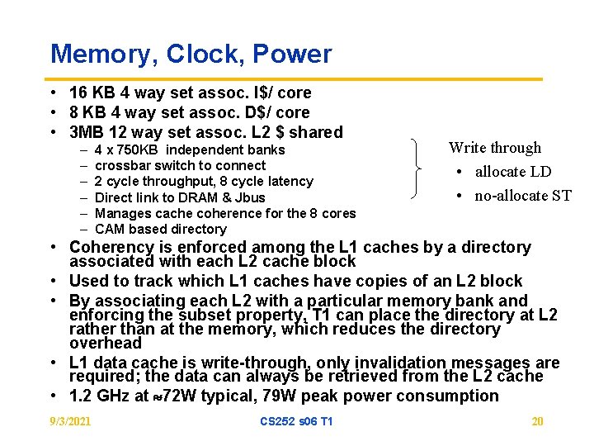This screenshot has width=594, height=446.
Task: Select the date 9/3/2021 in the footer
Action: pos(70,422)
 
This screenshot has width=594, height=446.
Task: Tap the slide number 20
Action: pos(537,422)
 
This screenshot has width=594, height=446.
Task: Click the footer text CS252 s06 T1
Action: pos(296,422)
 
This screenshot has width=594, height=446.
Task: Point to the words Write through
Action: pos(495,148)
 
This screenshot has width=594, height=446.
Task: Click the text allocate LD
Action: pos(513,172)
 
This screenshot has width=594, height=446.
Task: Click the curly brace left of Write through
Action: pos(417,169)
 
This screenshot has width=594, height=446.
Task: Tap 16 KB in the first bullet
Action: pos(88,93)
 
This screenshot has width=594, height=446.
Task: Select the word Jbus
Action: pos(249,197)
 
